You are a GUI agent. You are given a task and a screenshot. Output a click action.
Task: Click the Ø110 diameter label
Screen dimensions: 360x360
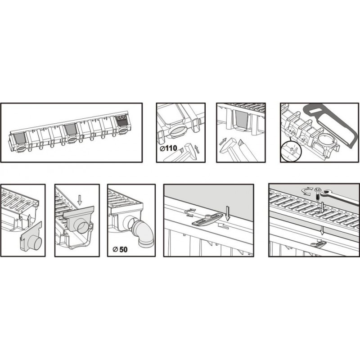pos(168,148)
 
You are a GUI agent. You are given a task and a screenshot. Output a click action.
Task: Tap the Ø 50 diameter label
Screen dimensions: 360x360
pos(120,249)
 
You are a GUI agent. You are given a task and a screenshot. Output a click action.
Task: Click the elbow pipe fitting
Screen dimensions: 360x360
pos(143,234)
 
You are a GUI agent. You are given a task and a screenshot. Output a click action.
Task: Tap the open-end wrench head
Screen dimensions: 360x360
pos(327,194)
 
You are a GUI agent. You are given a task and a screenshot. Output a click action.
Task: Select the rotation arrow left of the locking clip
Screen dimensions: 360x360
pos(189,213)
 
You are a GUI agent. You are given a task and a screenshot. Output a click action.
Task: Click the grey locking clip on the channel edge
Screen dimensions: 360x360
pos(207,219)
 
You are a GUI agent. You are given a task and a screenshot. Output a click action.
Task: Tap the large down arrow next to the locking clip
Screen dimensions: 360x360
pos(228,213)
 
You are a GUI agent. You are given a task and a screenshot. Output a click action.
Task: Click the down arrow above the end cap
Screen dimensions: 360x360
pos(80,200)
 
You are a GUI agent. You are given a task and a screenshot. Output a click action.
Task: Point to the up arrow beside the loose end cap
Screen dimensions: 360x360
pos(29,221)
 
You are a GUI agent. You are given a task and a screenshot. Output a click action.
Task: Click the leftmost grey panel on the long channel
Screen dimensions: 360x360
pos(20,139)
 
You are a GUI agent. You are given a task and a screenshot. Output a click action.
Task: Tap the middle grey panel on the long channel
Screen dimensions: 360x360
pos(71,129)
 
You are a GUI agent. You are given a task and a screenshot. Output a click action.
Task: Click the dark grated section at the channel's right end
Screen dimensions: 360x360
pos(122,121)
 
